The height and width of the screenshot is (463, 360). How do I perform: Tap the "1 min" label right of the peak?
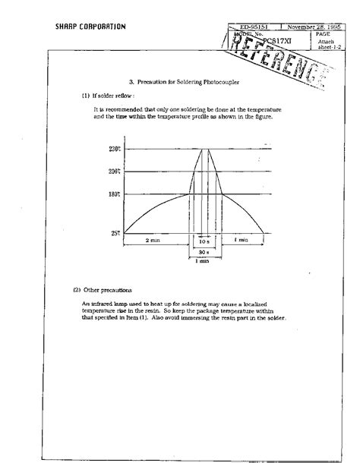click(241, 240)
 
